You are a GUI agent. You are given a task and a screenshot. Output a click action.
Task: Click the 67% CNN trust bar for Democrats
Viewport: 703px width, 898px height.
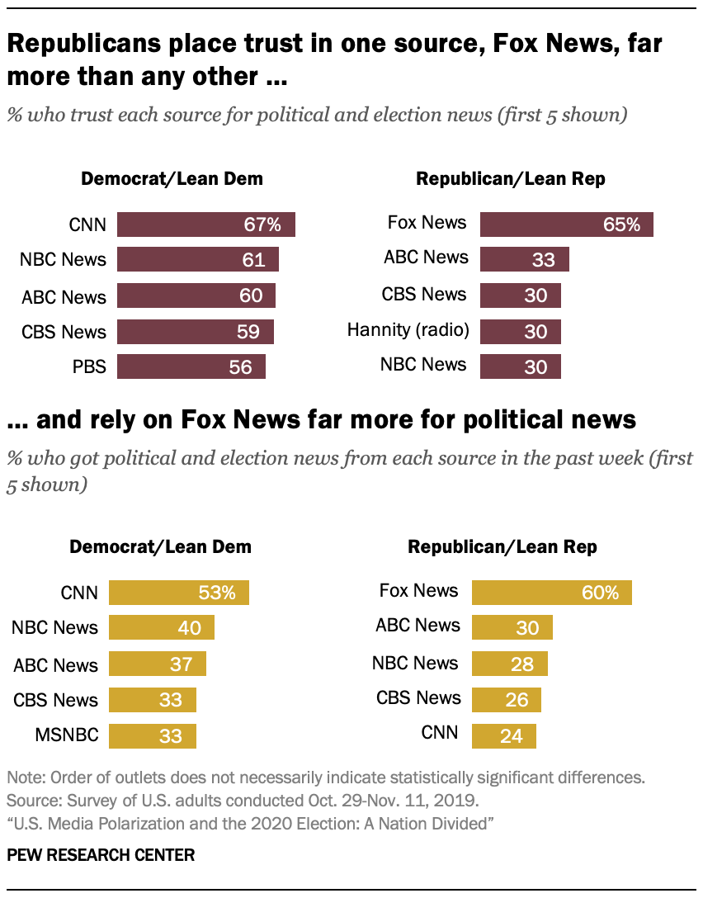(205, 224)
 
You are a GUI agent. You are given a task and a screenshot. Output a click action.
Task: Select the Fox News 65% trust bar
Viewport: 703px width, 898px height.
(566, 224)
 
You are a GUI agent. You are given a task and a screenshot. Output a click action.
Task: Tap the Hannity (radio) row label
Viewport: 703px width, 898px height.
(408, 331)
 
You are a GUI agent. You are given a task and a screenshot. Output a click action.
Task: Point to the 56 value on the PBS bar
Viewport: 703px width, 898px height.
(240, 366)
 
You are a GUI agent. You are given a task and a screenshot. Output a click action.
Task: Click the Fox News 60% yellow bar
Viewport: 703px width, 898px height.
(551, 593)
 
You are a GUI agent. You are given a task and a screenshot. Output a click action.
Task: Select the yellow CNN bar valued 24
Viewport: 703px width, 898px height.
(503, 735)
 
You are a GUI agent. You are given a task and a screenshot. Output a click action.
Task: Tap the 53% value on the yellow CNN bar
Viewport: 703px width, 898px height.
(217, 593)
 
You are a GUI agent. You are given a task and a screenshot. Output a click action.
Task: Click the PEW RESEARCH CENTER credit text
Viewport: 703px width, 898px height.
(101, 856)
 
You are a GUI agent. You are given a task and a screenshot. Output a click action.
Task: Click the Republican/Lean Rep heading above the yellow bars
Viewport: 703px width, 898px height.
(502, 546)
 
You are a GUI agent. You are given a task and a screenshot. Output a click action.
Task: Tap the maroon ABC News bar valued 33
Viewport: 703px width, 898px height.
(524, 259)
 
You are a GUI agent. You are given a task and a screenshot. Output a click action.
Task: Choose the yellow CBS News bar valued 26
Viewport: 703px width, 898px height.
(506, 700)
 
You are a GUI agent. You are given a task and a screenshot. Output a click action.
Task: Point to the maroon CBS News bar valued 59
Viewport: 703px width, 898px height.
(195, 332)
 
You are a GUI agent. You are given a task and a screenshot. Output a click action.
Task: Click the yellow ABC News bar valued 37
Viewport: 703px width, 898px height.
(157, 664)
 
